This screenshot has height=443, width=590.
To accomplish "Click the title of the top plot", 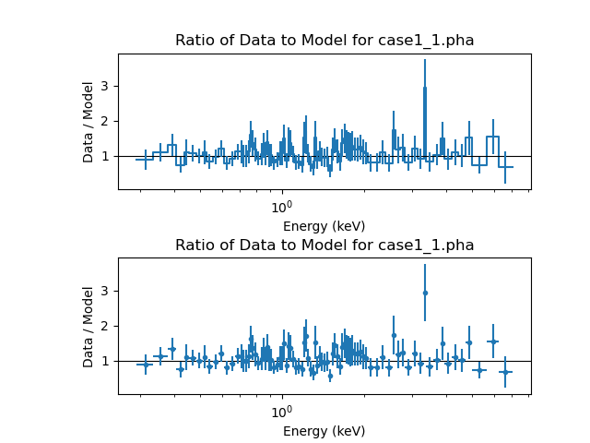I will click(x=324, y=41).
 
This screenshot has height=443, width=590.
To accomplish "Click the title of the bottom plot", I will click(x=324, y=245).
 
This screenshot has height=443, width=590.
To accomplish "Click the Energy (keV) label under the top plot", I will click(x=324, y=226).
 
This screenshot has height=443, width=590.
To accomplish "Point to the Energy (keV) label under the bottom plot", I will click(x=324, y=431).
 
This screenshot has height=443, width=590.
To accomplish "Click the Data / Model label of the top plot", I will click(x=88, y=122).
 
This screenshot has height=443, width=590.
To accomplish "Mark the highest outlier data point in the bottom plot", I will click(x=425, y=293).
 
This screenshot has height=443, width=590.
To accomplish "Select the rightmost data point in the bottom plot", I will click(x=505, y=372).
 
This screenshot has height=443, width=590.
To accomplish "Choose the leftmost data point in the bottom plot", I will click(x=145, y=365).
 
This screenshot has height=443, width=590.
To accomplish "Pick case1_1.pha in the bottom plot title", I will click(x=429, y=245).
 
